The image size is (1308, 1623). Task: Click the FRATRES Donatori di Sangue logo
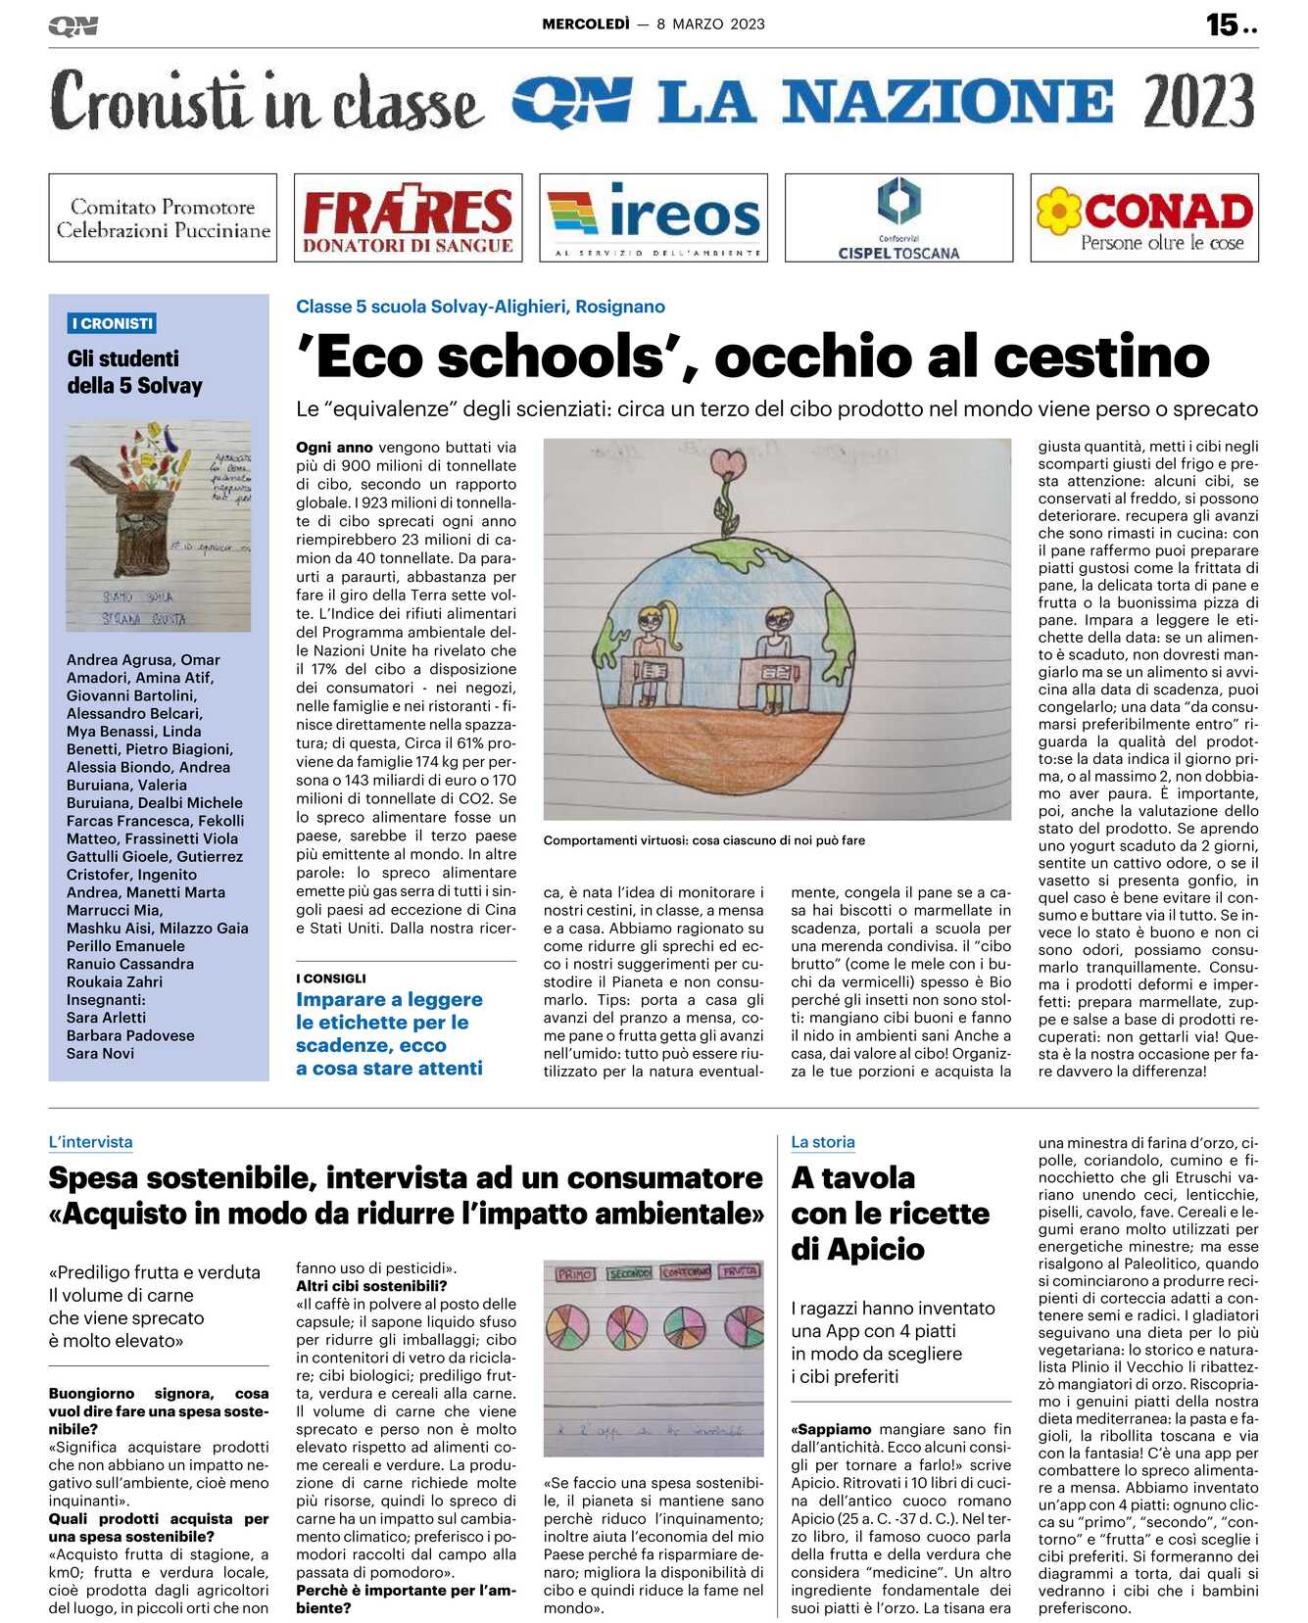(408, 217)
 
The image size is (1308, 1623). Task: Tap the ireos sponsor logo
(654, 217)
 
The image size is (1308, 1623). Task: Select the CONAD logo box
(1144, 217)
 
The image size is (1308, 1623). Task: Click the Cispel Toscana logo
(898, 217)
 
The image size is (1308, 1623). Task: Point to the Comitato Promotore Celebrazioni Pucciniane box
(163, 217)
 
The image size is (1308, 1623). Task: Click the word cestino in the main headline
(1101, 357)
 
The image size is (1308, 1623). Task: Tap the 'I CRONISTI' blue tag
(113, 323)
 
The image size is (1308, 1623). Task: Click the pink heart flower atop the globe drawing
(728, 463)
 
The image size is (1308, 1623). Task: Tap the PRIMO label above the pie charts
(574, 1274)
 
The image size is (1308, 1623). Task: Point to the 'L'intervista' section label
(90, 1142)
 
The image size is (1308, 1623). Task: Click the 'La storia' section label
(823, 1142)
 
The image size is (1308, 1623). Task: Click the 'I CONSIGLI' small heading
(331, 979)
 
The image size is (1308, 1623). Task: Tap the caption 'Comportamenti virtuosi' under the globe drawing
(703, 840)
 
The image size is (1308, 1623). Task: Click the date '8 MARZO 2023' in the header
(710, 24)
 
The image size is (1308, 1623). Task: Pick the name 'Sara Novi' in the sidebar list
(101, 1053)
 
